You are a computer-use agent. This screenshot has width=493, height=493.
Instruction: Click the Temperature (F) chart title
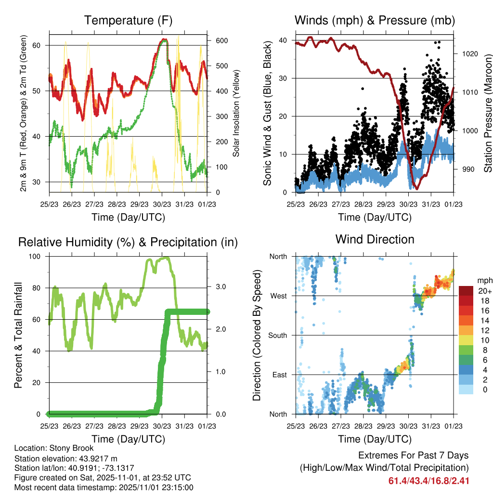point(128,21)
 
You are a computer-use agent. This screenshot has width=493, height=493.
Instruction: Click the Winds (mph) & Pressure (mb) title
point(375,21)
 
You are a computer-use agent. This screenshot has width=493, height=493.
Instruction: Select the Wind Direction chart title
point(375,239)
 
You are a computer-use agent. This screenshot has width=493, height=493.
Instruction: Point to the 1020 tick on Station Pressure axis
point(471,54)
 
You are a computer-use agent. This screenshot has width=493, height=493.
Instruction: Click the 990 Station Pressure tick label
point(469,169)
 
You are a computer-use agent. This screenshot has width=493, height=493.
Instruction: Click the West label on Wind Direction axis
point(278,296)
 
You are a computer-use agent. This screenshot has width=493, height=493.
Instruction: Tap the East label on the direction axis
point(279,375)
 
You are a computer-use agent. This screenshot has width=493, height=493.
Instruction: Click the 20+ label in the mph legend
point(483,291)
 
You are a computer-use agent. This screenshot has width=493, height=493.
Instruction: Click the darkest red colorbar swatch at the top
point(466,291)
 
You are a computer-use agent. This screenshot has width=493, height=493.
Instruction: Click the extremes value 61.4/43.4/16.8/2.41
point(428,480)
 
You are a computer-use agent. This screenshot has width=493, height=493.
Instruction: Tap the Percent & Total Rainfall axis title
point(18,335)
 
